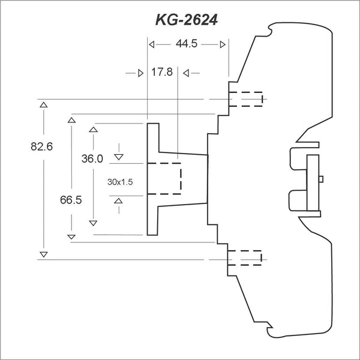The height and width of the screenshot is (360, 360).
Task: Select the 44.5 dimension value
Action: pyautogui.click(x=186, y=44)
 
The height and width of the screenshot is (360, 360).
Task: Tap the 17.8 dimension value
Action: pyautogui.click(x=162, y=73)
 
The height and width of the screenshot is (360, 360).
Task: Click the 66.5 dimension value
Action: pyautogui.click(x=71, y=200)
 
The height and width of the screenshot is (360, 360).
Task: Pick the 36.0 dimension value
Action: pyautogui.click(x=92, y=159)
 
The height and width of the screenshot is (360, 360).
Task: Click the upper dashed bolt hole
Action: pyautogui.click(x=245, y=99)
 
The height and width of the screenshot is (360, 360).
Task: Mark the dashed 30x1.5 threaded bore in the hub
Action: pyautogui.click(x=164, y=178)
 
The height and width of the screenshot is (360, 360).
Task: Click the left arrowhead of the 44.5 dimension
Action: pyautogui.click(x=152, y=44)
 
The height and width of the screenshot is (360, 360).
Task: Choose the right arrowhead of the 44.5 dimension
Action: pyautogui.click(x=223, y=44)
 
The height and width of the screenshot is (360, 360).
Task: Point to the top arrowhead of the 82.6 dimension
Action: pyautogui.click(x=43, y=105)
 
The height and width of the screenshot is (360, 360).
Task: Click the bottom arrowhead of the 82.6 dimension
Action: pyautogui.click(x=43, y=254)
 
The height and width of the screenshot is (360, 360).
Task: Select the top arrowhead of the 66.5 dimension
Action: pyautogui.click(x=71, y=121)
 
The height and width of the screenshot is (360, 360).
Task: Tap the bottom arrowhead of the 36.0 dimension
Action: pyautogui.click(x=93, y=223)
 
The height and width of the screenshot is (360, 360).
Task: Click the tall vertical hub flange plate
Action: pyautogui.click(x=152, y=178)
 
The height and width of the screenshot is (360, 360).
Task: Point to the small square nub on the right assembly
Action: pyautogui.click(x=322, y=178)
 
